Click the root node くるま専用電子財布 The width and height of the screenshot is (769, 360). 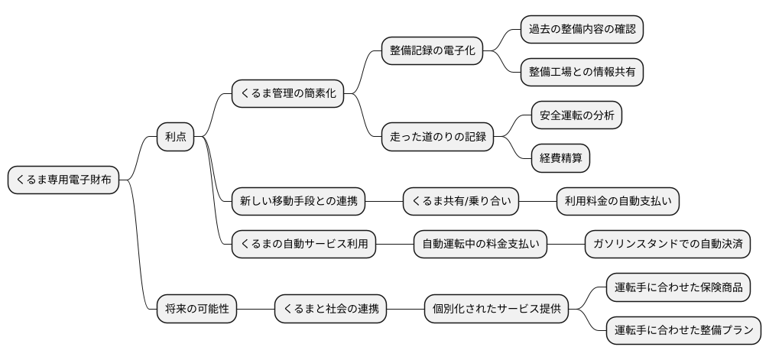pos(63,180)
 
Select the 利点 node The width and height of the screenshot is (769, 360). pos(175,138)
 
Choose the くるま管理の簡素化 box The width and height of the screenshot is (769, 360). pos(287,95)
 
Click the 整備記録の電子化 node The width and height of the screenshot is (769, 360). pos(432,52)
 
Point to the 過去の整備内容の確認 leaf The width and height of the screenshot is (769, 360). pos(581,31)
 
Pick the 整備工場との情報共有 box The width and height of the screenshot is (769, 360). pos(581,73)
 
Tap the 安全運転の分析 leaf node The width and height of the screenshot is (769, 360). pos(576,116)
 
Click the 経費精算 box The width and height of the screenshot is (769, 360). pos(561,158)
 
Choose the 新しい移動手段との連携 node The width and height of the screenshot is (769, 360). pos(298,202)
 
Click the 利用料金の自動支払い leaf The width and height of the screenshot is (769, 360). pos(618,202)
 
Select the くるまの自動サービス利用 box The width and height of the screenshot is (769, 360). pos(303,245)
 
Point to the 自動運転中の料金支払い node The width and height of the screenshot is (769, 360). pos(482,245)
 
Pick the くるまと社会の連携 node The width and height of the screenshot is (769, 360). pos(330,310)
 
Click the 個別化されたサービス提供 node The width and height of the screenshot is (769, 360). pos(497,310)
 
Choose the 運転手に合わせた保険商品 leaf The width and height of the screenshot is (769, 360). pos(677,288)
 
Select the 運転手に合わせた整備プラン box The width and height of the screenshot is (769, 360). pos(683,331)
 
